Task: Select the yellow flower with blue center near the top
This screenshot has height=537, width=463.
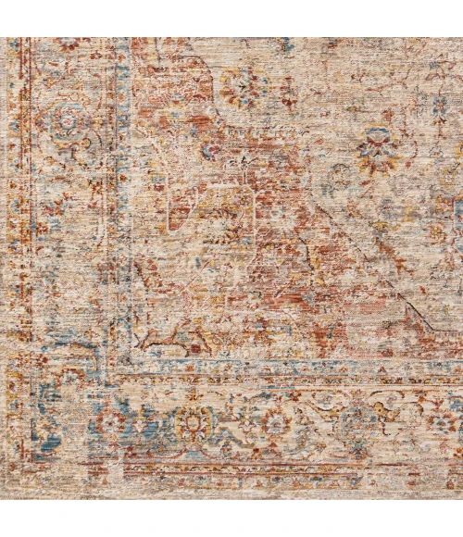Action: point(244,86)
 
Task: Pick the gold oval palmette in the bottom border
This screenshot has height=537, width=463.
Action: point(194,424)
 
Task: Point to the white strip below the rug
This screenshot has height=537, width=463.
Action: point(231,518)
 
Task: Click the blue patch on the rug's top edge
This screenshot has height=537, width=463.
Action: point(287,44)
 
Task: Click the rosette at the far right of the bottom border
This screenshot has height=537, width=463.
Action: point(443,423)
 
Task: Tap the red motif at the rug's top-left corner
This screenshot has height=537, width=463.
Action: point(67,44)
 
